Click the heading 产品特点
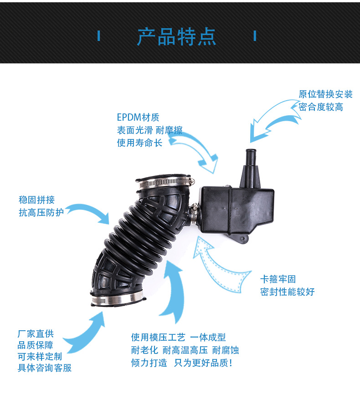point(176,37)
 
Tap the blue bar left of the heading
point(99,36)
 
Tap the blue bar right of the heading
point(255,36)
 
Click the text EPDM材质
point(138,117)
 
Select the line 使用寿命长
point(139,143)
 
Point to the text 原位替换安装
point(325,94)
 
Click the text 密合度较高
point(321,107)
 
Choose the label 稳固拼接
point(36,199)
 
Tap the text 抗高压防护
point(41,213)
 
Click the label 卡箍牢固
point(278,279)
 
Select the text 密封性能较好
point(288,292)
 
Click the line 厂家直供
point(36,334)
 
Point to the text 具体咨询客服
point(45,368)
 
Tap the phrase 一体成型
point(208,337)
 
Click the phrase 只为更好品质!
point(203,363)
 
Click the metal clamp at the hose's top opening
point(165,183)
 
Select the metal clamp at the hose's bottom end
point(117,299)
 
